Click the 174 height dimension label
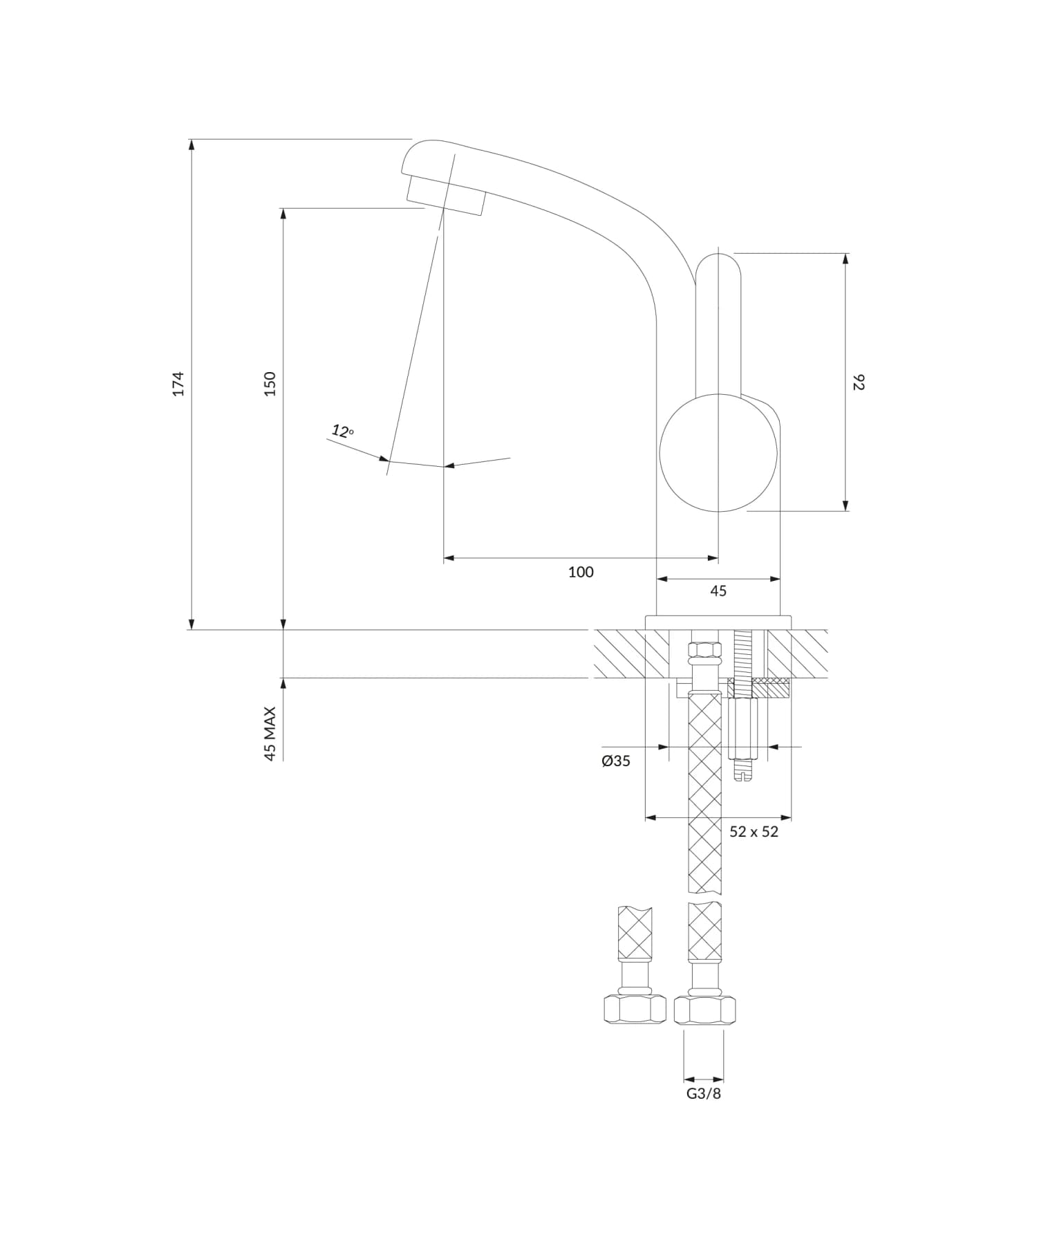click(178, 384)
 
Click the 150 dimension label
click(270, 384)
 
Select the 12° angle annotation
click(342, 432)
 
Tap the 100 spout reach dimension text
click(581, 572)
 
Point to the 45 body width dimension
click(718, 591)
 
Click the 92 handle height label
click(858, 382)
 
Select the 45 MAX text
click(270, 734)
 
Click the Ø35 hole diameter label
click(616, 761)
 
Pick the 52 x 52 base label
click(754, 832)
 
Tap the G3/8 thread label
click(704, 1093)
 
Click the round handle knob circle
click(718, 453)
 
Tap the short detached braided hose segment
click(635, 932)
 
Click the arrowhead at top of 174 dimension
click(191, 145)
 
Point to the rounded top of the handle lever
click(718, 263)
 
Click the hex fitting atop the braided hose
click(704, 651)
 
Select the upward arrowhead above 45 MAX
click(283, 684)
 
